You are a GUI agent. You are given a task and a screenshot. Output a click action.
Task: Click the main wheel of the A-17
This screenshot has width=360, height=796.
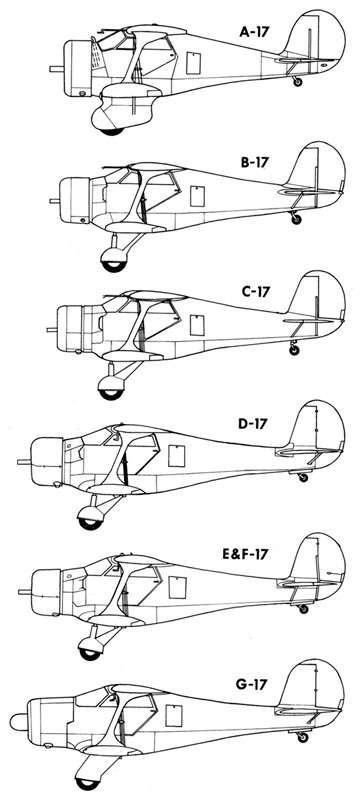[116, 127]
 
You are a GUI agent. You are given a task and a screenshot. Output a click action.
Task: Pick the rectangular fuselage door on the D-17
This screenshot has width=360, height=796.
[176, 456]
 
